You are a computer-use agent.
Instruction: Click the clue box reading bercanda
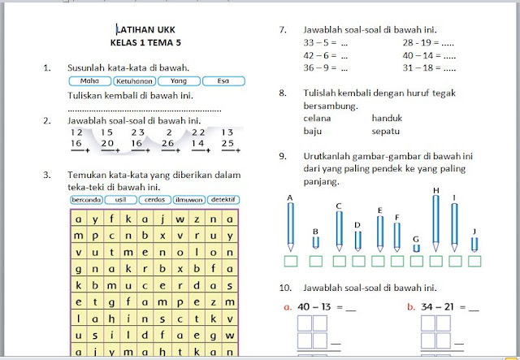pyautogui.click(x=85, y=199)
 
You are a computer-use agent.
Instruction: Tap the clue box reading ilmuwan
pyautogui.click(x=188, y=199)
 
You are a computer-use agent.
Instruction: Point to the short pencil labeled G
pyautogui.click(x=417, y=247)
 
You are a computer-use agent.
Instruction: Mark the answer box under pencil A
pyautogui.click(x=290, y=261)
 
